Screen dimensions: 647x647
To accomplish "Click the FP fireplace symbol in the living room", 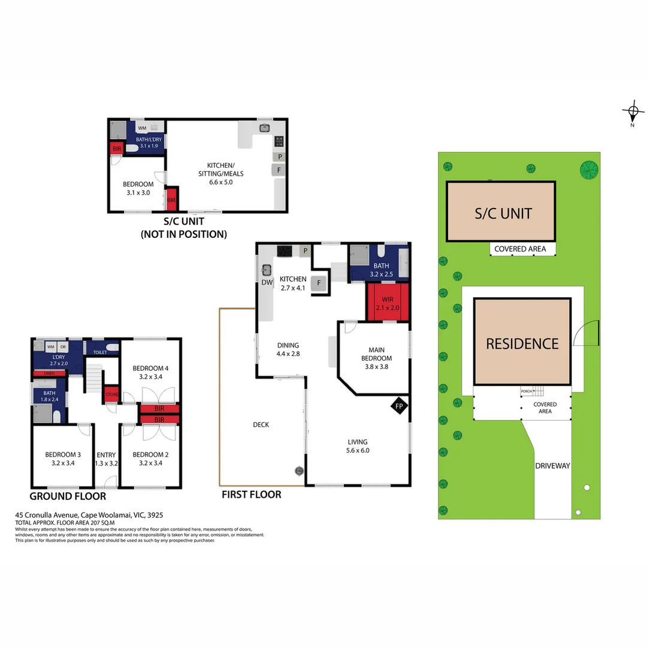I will tap(400, 406).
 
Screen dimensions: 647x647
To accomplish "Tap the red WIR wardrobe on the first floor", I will tap(387, 303).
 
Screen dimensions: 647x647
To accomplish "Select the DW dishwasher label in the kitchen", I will tap(267, 282).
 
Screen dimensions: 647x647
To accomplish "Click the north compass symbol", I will tap(632, 112).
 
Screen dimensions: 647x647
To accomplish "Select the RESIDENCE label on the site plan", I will tap(522, 343).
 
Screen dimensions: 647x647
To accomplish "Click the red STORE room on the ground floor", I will tap(111, 394).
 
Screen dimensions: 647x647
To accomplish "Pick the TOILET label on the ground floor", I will tap(101, 352).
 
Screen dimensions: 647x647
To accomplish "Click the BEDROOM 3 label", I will tap(63, 458).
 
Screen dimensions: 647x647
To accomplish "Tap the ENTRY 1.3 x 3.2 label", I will tap(107, 459).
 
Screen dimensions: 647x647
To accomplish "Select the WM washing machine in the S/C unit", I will tap(142, 128).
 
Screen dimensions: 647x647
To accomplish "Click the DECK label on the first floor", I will tap(261, 424).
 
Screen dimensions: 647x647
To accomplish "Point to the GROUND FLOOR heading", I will tap(68, 497).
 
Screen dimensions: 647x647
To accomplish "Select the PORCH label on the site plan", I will tap(526, 391).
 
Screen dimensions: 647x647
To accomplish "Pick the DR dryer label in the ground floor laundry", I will tap(62, 347).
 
